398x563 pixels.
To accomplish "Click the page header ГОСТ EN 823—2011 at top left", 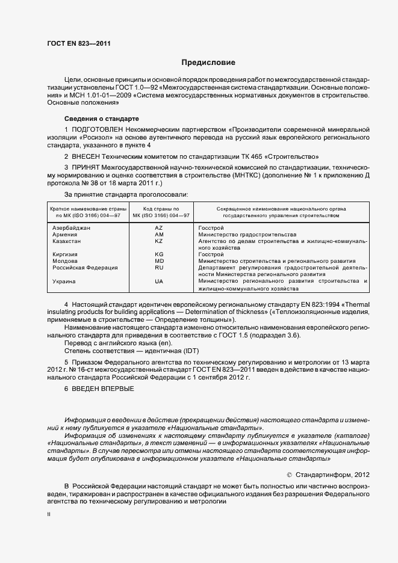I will click(78, 43).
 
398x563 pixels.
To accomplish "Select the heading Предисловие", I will click(208, 63).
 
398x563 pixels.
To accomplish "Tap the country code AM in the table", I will click(159, 235).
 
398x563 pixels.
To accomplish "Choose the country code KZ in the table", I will click(159, 241).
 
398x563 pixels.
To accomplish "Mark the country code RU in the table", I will click(159, 268).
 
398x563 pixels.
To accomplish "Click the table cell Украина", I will click(64, 281).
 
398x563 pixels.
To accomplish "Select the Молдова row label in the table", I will click(65, 261).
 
